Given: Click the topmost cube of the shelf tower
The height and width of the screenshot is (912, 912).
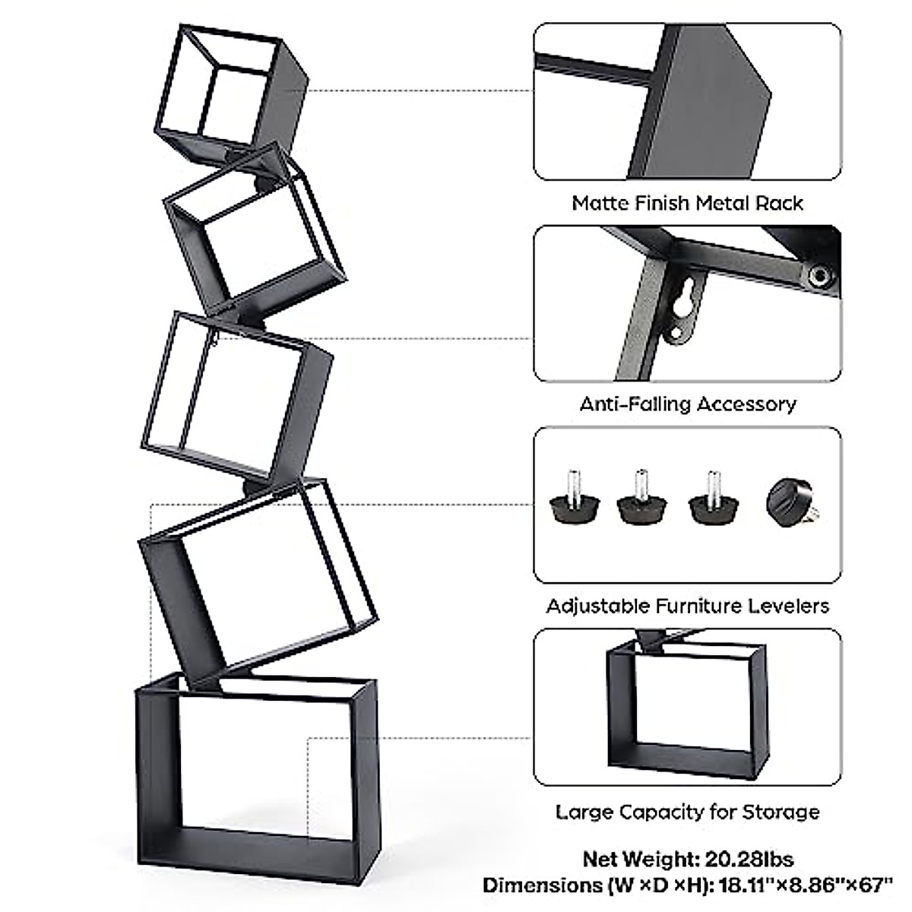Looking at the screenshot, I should click(232, 95).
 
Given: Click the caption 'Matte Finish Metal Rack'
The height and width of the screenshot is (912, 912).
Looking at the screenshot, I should click(687, 203).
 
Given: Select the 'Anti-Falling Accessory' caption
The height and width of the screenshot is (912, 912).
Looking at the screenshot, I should click(687, 404).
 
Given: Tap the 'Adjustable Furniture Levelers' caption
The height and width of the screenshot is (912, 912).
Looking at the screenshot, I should click(687, 606).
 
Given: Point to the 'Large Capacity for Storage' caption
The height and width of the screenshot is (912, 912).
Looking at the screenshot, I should click(687, 812).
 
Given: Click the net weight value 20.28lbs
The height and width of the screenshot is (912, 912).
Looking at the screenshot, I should click(748, 860).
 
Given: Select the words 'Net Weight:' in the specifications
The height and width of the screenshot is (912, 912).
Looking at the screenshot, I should click(639, 860).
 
